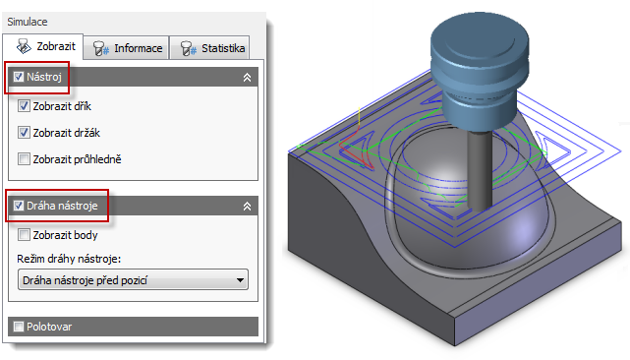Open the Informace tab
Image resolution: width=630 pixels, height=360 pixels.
pos(127,48)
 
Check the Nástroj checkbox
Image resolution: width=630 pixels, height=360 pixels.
pos(19,77)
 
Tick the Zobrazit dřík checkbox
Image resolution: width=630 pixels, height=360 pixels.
pos(24,106)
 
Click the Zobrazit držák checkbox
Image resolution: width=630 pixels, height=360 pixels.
pos(24,133)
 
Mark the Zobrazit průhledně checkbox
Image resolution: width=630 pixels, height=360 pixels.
pos(24,159)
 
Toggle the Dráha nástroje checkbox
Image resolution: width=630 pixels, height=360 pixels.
pos(19,206)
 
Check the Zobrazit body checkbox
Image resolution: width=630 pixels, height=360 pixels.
pos(24,234)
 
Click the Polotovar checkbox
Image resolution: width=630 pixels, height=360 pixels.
pos(19,327)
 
